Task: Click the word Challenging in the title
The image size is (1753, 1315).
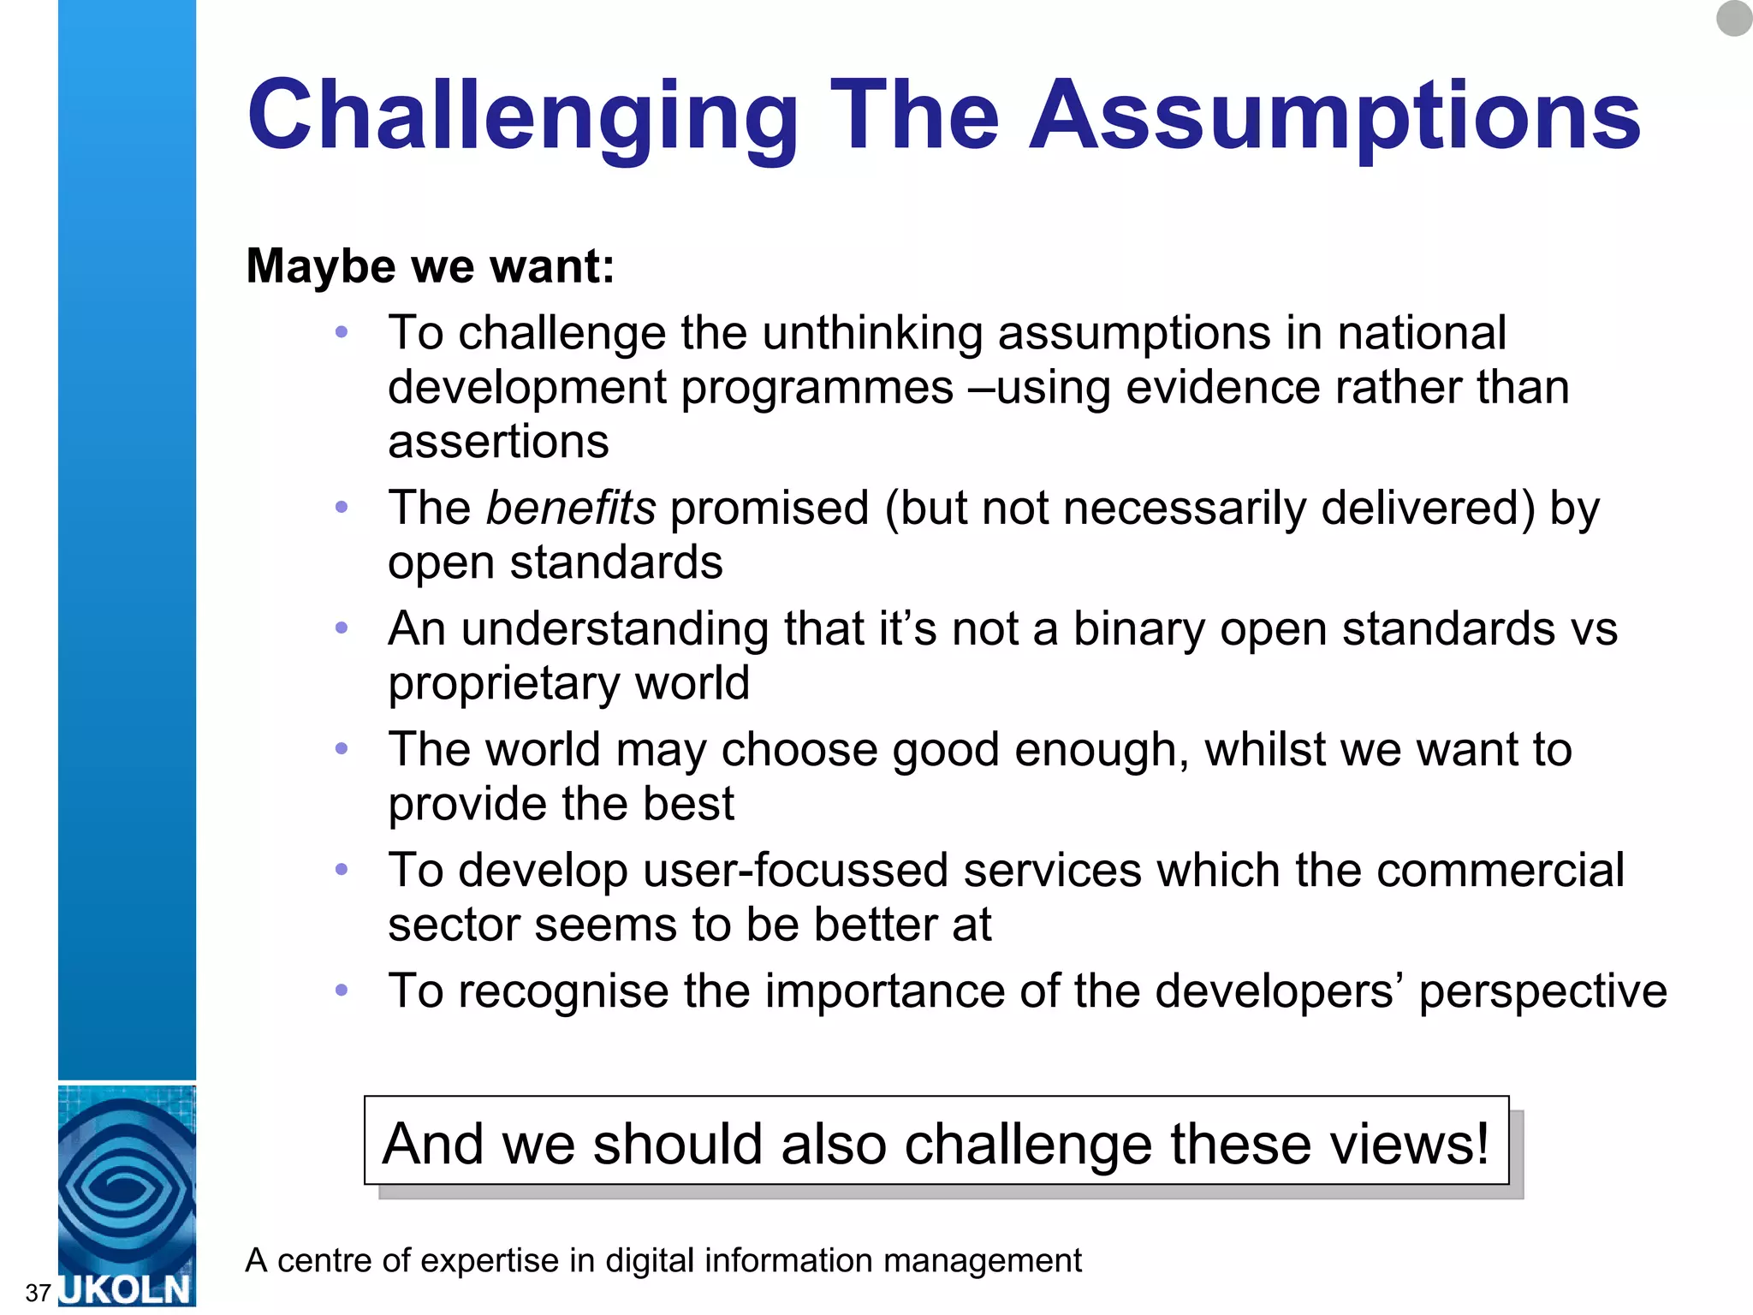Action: tap(523, 116)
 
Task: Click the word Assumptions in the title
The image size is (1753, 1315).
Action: tap(1334, 116)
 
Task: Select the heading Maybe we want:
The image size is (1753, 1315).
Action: tap(430, 266)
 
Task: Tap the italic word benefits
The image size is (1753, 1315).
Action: tap(571, 508)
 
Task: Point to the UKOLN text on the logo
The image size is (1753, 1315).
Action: tap(127, 1289)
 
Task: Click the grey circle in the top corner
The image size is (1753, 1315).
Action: tap(1734, 18)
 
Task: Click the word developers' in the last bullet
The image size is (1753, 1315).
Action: tap(1279, 991)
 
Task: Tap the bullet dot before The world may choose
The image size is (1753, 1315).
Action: tap(342, 749)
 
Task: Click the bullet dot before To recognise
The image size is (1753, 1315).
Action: tap(342, 991)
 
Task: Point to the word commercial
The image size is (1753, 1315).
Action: tap(1500, 871)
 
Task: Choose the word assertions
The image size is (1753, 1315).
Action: tap(498, 443)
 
